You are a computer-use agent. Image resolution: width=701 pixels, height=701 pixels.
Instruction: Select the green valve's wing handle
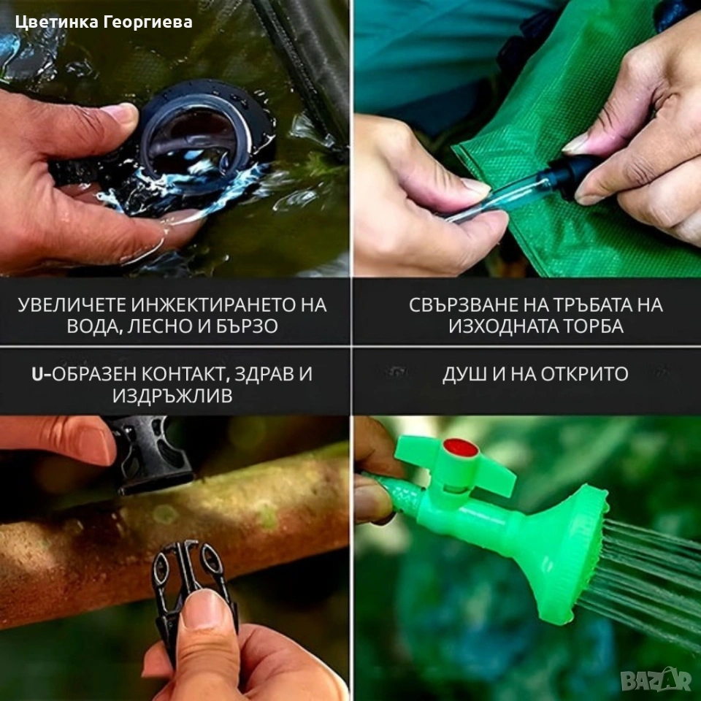point(456,463)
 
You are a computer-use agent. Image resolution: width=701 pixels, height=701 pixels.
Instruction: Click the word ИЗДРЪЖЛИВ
point(172,396)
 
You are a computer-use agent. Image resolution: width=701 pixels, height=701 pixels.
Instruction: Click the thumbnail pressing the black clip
point(204,609)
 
